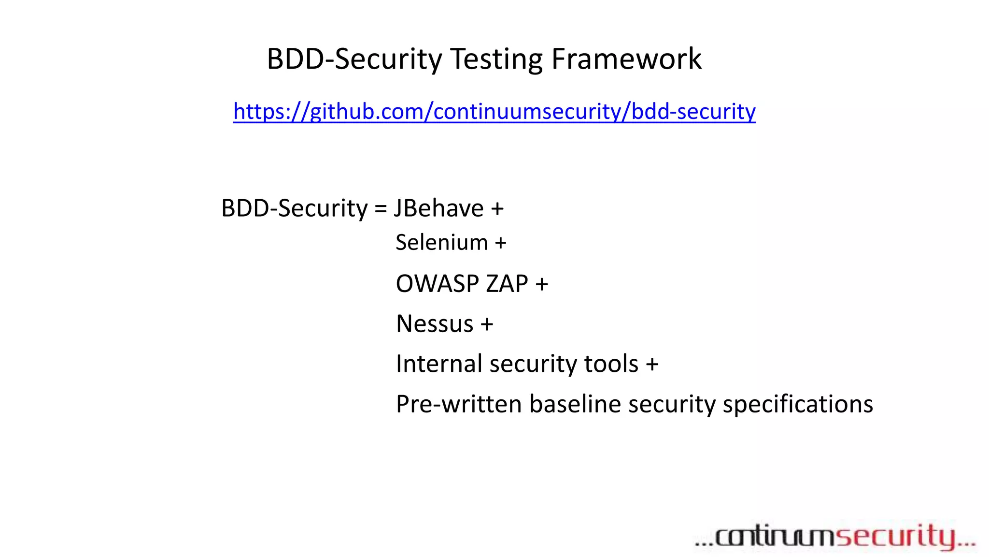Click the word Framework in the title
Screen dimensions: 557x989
click(626, 59)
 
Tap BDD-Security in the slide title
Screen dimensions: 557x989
click(354, 59)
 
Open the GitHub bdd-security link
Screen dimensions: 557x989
click(494, 111)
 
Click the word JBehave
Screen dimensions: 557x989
click(439, 208)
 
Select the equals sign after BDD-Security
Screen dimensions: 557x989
click(381, 209)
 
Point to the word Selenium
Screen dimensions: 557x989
click(441, 242)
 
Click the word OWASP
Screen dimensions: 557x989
click(438, 283)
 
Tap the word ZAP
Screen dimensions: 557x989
click(507, 283)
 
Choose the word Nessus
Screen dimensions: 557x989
click(435, 323)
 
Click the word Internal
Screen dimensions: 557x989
click(439, 364)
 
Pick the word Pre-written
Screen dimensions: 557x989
click(459, 404)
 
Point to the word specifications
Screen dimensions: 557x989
click(797, 405)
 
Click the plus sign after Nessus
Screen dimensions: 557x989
click(487, 324)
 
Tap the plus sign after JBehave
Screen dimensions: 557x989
click(497, 209)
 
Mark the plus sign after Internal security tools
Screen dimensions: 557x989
click(652, 364)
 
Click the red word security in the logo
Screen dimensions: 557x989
click(896, 537)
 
